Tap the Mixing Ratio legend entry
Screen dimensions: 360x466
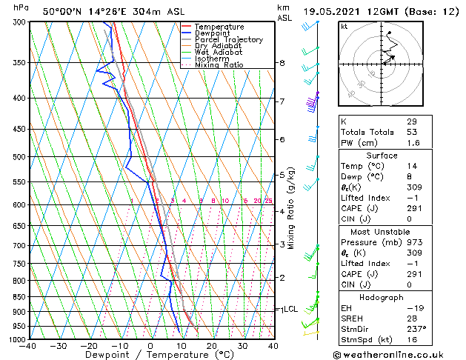[219, 65]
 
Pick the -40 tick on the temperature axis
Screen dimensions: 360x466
[28, 346]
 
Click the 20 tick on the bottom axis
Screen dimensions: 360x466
[211, 346]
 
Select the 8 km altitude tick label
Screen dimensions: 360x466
[282, 64]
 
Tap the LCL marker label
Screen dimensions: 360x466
[290, 310]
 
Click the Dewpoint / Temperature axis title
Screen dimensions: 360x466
[151, 356]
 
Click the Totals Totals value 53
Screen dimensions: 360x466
[412, 132]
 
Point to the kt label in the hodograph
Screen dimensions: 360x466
[344, 27]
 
